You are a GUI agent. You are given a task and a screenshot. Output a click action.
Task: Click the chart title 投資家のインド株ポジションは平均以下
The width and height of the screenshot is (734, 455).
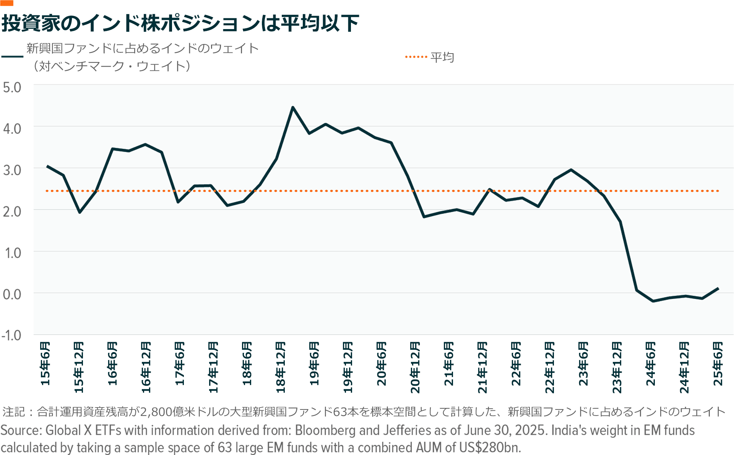180,23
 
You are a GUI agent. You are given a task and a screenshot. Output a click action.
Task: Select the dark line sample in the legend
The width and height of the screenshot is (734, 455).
12,57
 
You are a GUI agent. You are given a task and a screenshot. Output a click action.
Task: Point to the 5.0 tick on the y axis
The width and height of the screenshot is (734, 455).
12,87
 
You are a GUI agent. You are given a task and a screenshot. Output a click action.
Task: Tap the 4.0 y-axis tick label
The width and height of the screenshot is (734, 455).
12,129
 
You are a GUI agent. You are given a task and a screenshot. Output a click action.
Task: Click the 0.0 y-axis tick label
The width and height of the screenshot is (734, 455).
12,294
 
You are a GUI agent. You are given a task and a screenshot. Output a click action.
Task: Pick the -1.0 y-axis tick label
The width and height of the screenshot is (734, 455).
11,336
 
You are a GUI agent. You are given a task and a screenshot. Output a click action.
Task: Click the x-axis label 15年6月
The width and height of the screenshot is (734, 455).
45,364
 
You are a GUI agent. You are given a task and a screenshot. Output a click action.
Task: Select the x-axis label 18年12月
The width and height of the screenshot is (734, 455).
281,367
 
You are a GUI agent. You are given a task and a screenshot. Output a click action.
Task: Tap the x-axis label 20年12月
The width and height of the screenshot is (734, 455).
415,367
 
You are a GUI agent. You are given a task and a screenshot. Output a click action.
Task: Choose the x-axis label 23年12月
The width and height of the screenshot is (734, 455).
617,367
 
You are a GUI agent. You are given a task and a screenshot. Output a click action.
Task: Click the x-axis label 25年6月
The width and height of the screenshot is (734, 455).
718,364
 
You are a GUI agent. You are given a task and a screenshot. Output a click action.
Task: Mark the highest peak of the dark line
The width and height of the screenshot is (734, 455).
293,107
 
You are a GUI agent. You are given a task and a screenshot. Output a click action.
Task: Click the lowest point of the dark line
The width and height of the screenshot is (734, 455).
653,301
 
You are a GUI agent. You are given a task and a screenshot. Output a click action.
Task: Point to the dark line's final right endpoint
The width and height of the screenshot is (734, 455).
718,288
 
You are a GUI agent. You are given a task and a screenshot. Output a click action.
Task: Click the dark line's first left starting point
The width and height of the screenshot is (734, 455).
47,166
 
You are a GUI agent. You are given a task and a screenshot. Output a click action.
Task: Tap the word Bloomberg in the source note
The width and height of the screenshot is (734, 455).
325,431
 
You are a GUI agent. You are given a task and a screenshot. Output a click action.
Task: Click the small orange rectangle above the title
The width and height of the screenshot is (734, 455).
7,3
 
